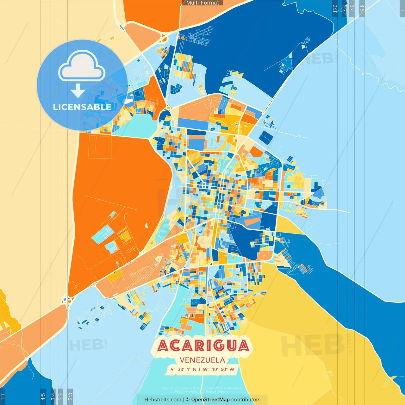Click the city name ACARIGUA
coord(203,346)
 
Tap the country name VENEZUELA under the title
coord(202,360)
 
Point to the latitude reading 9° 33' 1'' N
coord(184,369)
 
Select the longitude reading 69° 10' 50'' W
coord(218,369)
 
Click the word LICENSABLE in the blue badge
coord(82,107)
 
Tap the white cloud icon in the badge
coord(82,66)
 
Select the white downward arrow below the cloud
coord(78,90)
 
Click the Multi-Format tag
coord(202,3)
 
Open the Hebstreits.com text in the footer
coord(163,400)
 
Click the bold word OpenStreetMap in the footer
coord(210,400)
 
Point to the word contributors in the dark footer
coord(246,400)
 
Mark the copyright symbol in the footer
coord(188,400)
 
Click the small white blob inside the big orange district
coord(146,226)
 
